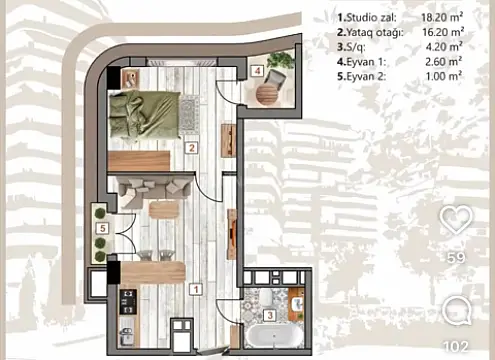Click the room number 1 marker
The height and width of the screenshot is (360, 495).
[x=196, y=289]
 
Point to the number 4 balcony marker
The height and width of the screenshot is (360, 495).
[x=257, y=71]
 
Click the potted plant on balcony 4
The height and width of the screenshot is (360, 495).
[x=283, y=62]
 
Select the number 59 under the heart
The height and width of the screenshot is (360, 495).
[x=456, y=257]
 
